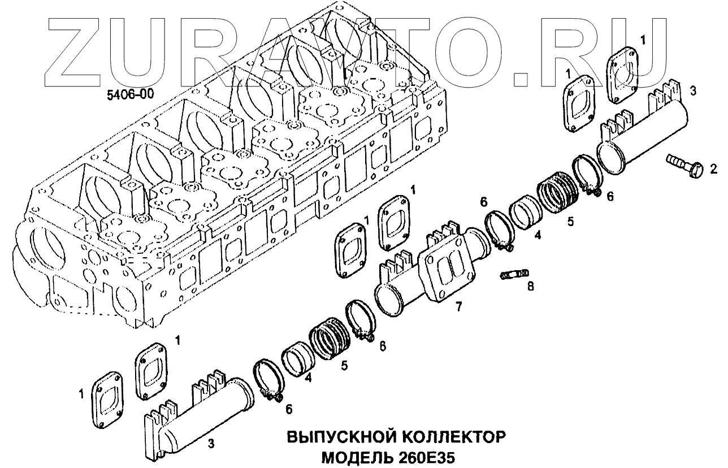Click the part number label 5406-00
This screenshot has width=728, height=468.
point(130,95)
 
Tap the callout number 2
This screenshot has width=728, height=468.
point(714,168)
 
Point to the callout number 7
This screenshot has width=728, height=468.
point(458,306)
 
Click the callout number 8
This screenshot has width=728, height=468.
point(530,287)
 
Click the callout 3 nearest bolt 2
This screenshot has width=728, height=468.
point(692,90)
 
